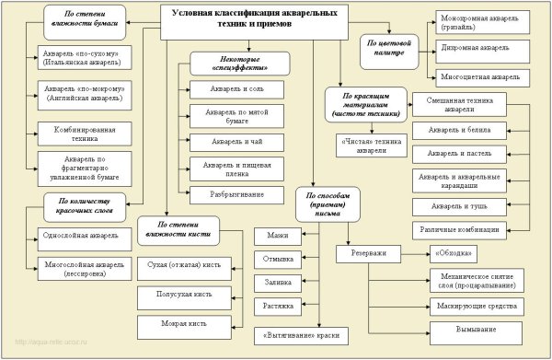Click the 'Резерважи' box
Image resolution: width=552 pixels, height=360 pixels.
[367, 252]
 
